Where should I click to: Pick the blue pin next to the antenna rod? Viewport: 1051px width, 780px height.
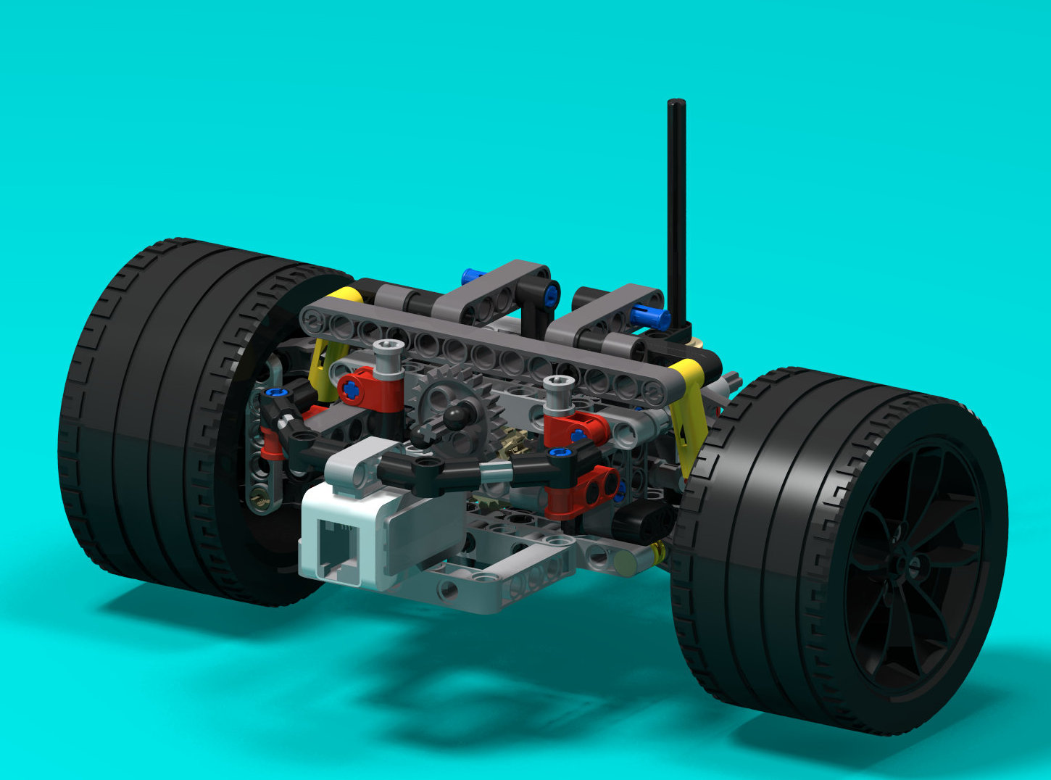point(650,315)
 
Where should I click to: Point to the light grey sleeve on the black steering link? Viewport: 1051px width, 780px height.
point(497,473)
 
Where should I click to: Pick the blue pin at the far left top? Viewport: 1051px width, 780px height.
point(473,275)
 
